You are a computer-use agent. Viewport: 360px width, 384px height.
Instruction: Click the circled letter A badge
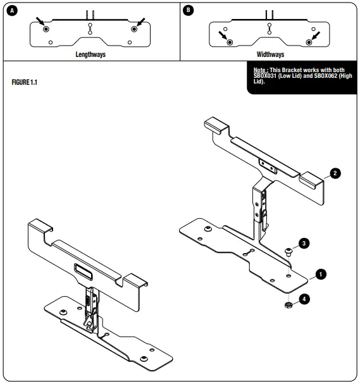point(9,10)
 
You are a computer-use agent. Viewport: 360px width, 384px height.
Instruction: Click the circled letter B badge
point(188,10)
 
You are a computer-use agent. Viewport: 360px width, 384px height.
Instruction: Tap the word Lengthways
point(90,55)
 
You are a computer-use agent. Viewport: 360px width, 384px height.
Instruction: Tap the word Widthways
point(270,55)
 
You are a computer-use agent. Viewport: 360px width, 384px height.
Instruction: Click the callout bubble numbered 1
point(320,274)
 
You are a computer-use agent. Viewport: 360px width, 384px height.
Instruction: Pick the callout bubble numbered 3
point(304,243)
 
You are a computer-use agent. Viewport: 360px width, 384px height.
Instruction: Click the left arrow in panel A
point(41,23)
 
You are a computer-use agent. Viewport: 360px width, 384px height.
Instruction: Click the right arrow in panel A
point(140,23)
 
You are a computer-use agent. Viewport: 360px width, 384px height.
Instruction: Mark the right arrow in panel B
point(315,35)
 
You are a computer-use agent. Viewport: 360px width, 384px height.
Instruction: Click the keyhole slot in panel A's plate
point(90,28)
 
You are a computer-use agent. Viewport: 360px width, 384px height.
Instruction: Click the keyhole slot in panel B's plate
point(270,27)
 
